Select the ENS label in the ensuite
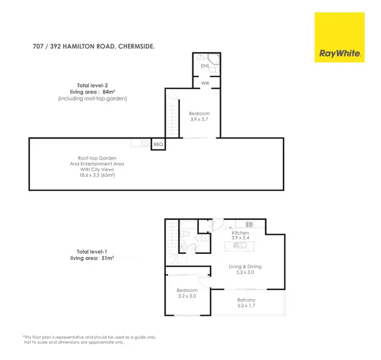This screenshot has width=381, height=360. pyautogui.click(x=205, y=66)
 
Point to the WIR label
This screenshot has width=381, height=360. pyautogui.click(x=205, y=82)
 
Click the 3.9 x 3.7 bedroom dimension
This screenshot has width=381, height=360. pyautogui.click(x=199, y=119)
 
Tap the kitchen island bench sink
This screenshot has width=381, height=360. pyautogui.click(x=239, y=246)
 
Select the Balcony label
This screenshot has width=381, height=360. pyautogui.click(x=246, y=300)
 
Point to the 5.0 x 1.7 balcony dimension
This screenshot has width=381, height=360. pyautogui.click(x=246, y=306)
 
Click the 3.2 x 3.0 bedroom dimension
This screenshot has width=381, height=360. pyautogui.click(x=187, y=296)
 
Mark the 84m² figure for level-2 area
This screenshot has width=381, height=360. pyautogui.click(x=118, y=92)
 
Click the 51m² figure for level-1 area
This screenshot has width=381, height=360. pyautogui.click(x=107, y=258)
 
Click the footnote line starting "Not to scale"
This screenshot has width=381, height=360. pyautogui.click(x=74, y=342)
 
